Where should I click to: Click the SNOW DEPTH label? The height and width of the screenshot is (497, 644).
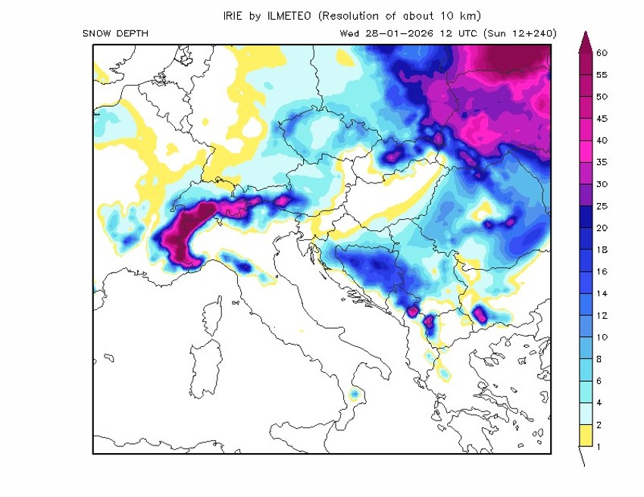click(x=115, y=33)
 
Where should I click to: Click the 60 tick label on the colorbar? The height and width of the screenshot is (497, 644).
click(x=602, y=53)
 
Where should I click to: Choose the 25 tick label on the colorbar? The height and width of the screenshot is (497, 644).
click(x=602, y=206)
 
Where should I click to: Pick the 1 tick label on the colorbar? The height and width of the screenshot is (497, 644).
click(x=599, y=446)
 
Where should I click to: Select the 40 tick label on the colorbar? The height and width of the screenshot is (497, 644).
click(x=602, y=140)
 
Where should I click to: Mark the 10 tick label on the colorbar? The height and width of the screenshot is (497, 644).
click(x=602, y=336)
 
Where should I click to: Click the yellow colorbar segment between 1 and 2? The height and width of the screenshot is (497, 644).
click(x=583, y=436)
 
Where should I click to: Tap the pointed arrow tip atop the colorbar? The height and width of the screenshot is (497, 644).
click(x=583, y=38)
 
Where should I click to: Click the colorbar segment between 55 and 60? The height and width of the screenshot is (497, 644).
click(x=583, y=64)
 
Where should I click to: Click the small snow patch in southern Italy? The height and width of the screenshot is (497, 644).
click(x=354, y=395)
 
